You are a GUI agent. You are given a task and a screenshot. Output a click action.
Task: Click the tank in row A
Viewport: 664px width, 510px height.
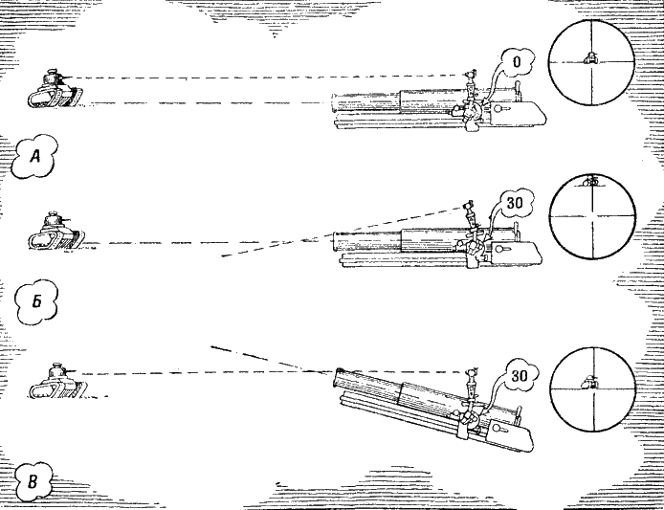pos(55,88)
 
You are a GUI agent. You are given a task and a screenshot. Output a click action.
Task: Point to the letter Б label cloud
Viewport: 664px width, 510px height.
pos(35,302)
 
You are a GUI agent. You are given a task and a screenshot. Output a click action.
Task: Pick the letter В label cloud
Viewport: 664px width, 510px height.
pos(33,478)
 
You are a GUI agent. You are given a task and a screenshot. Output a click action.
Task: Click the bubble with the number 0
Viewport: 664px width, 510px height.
pos(517,63)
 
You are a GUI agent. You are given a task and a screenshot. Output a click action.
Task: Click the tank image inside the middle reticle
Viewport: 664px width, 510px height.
pos(591,182)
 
